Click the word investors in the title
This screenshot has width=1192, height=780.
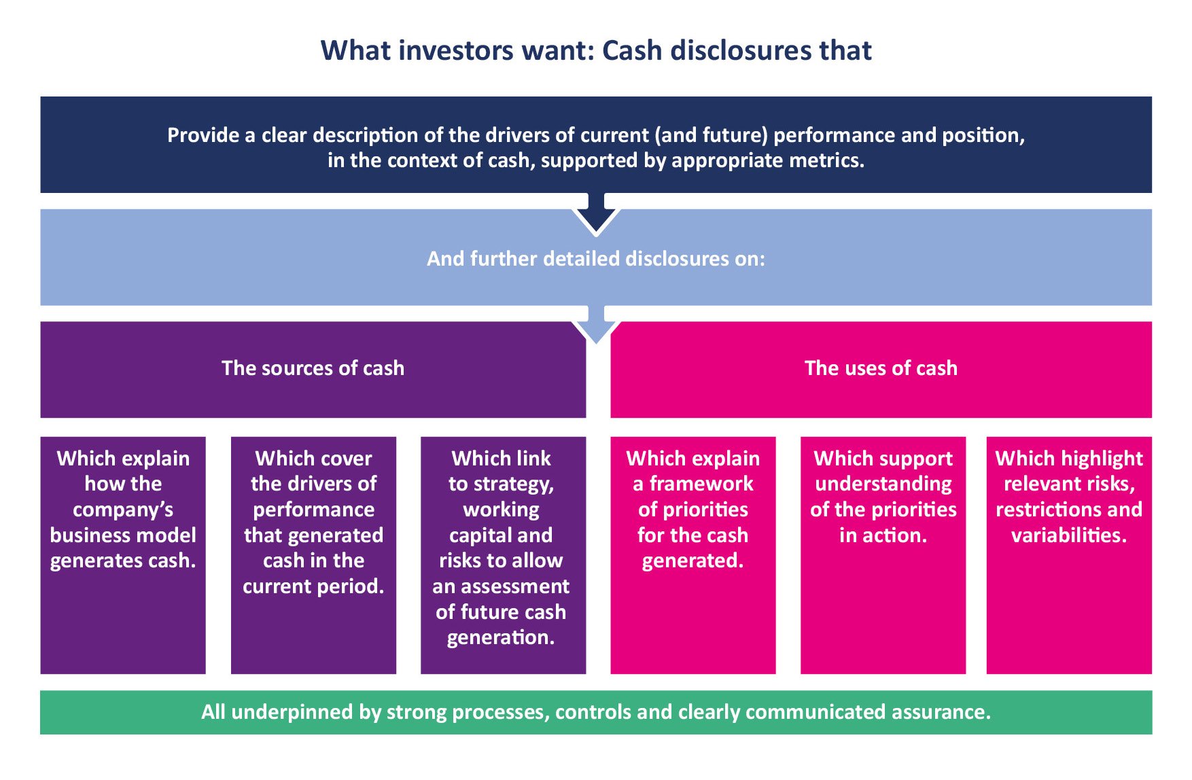pos(455,51)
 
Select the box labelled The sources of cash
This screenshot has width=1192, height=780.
pos(313,369)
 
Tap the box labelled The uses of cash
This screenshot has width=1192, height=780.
pos(881,369)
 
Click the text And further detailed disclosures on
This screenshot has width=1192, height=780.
pos(595,259)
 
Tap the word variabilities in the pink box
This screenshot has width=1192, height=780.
pos(1069,536)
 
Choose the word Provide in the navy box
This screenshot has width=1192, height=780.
pos(203,136)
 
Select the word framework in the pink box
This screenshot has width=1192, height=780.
pos(701,484)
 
